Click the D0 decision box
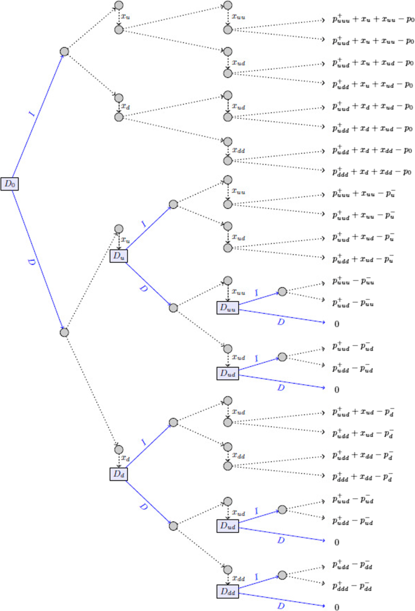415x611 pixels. coord(10,183)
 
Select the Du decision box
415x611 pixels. coord(119,256)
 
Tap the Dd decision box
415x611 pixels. coord(119,473)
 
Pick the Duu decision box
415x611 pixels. coord(228,308)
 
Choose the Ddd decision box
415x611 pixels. coord(228,590)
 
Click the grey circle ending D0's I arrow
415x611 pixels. coord(65,52)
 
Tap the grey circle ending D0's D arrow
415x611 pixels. coord(65,332)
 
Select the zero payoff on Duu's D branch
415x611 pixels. coord(337,324)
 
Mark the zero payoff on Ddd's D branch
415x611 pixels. coord(337,607)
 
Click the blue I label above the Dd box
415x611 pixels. coord(143,443)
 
